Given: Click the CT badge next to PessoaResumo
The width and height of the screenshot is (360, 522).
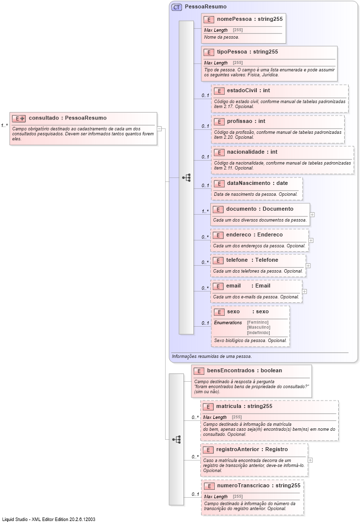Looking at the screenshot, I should click(x=177, y=7).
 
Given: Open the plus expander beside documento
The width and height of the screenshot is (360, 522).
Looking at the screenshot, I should click(x=312, y=215).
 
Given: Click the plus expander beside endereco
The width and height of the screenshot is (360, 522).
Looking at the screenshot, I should click(x=311, y=240).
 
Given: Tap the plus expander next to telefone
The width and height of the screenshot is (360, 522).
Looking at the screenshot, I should click(x=308, y=266).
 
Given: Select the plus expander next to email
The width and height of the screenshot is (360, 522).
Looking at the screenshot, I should click(x=304, y=291).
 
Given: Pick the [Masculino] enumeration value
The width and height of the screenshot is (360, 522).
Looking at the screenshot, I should click(x=258, y=327).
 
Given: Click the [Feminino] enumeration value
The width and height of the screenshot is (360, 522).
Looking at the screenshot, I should click(x=258, y=322).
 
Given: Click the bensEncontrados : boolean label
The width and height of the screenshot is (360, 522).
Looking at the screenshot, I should click(x=244, y=370).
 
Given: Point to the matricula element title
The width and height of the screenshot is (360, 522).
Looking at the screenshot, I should click(x=230, y=406).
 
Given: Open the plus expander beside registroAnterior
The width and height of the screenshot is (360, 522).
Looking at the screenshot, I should click(x=310, y=460).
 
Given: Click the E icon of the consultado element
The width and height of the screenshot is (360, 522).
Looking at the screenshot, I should click(x=19, y=118).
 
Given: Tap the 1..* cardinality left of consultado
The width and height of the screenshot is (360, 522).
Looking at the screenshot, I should click(x=4, y=125).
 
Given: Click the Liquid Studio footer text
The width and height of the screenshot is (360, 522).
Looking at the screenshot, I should click(x=49, y=519).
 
